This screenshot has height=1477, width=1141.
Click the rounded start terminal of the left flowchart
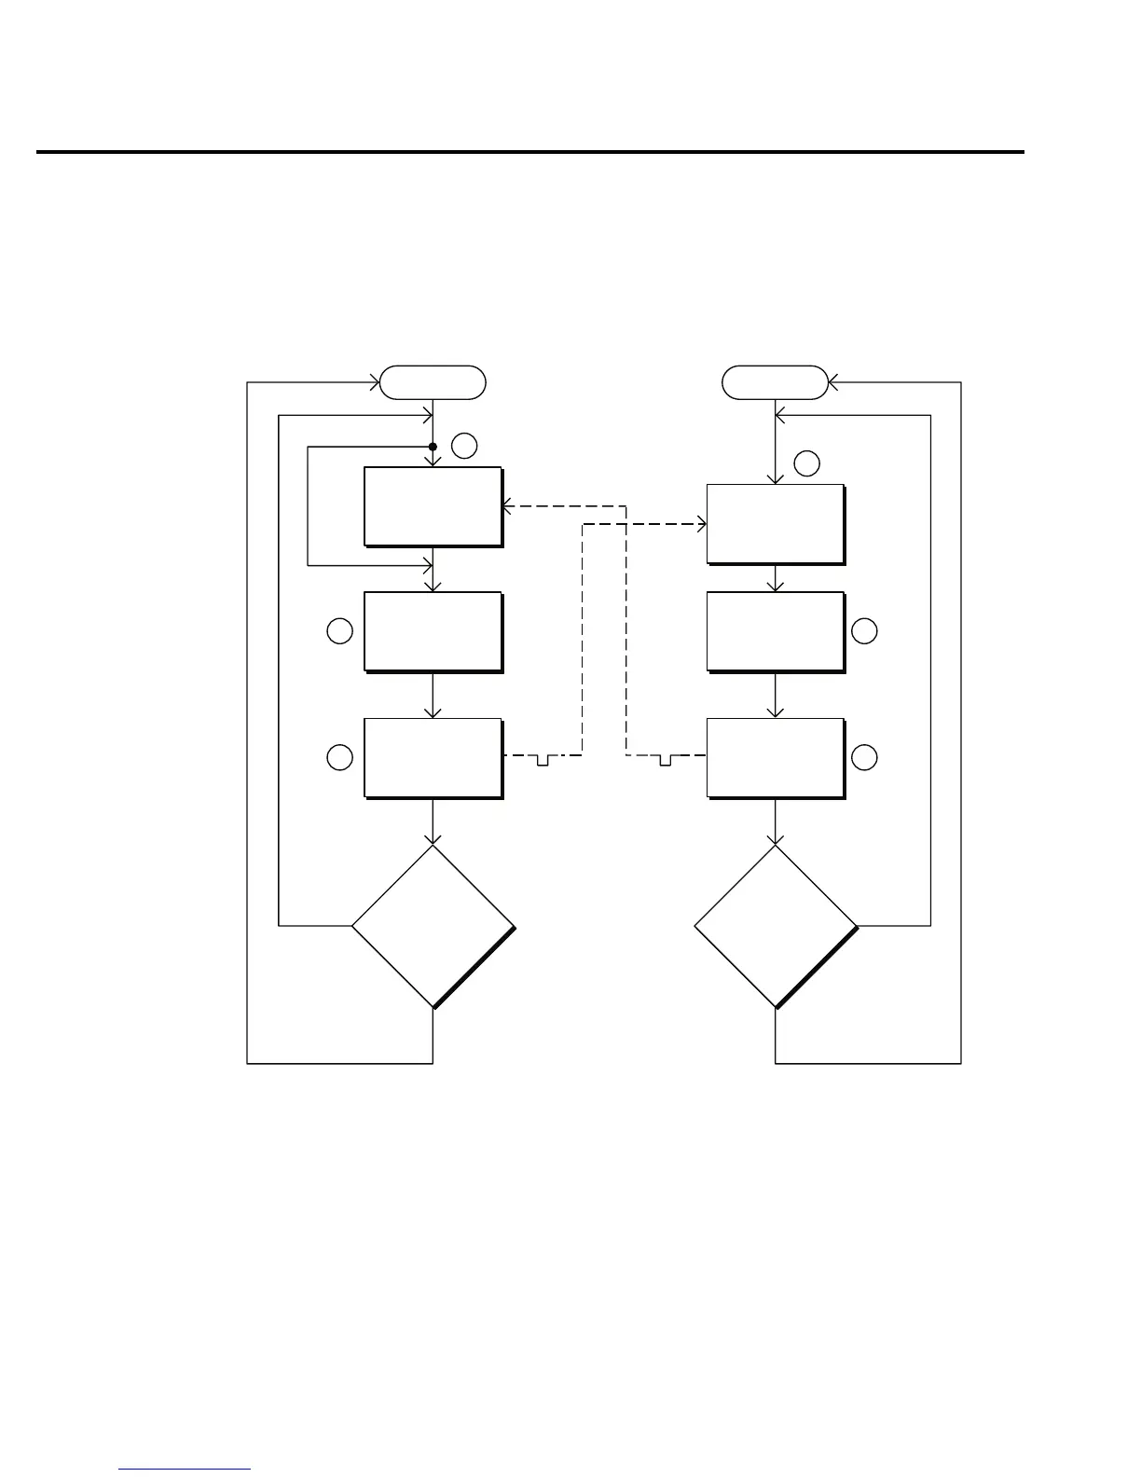point(433,382)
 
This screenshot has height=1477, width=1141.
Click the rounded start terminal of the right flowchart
point(776,382)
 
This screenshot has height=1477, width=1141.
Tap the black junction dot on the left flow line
point(433,447)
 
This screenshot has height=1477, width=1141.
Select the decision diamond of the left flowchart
point(433,926)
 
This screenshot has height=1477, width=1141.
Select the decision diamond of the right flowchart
point(776,926)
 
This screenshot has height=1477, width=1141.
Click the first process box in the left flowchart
point(433,506)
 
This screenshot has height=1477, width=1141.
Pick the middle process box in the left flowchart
point(433,631)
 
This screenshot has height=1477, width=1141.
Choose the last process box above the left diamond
point(433,758)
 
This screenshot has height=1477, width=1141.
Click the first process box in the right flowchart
point(776,524)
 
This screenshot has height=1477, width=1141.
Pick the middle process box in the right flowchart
point(776,631)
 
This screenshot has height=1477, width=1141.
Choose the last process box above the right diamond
point(776,758)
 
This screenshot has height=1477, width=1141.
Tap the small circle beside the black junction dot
point(465,447)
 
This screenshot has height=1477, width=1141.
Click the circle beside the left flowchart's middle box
point(340,631)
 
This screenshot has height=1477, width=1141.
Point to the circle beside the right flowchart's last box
point(864,758)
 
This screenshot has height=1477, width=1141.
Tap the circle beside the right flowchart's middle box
point(864,631)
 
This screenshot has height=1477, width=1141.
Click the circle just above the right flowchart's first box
point(807,463)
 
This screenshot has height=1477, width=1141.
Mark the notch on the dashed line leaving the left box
point(543,760)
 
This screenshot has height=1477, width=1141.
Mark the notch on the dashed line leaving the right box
point(665,760)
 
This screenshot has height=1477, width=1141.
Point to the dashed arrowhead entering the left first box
point(506,507)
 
